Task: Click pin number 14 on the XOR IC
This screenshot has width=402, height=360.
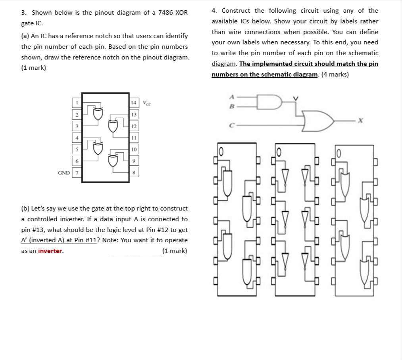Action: pyautogui.click(x=134, y=103)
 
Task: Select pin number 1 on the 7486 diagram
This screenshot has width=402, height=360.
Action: pyautogui.click(x=77, y=103)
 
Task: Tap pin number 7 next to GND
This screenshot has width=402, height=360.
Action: pyautogui.click(x=77, y=173)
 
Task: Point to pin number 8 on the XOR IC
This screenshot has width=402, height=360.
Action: pyautogui.click(x=134, y=173)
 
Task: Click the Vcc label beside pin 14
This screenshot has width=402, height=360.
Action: pyautogui.click(x=146, y=103)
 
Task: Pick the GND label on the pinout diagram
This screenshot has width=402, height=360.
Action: pyautogui.click(x=64, y=173)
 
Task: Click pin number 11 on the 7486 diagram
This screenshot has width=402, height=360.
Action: pyautogui.click(x=134, y=138)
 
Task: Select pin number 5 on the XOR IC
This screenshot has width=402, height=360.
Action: pyautogui.click(x=77, y=149)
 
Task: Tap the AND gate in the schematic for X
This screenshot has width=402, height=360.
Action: pyautogui.click(x=268, y=101)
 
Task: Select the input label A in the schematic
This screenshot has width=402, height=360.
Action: pyautogui.click(x=232, y=97)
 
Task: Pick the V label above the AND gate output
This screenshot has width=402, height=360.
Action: pyautogui.click(x=295, y=98)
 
